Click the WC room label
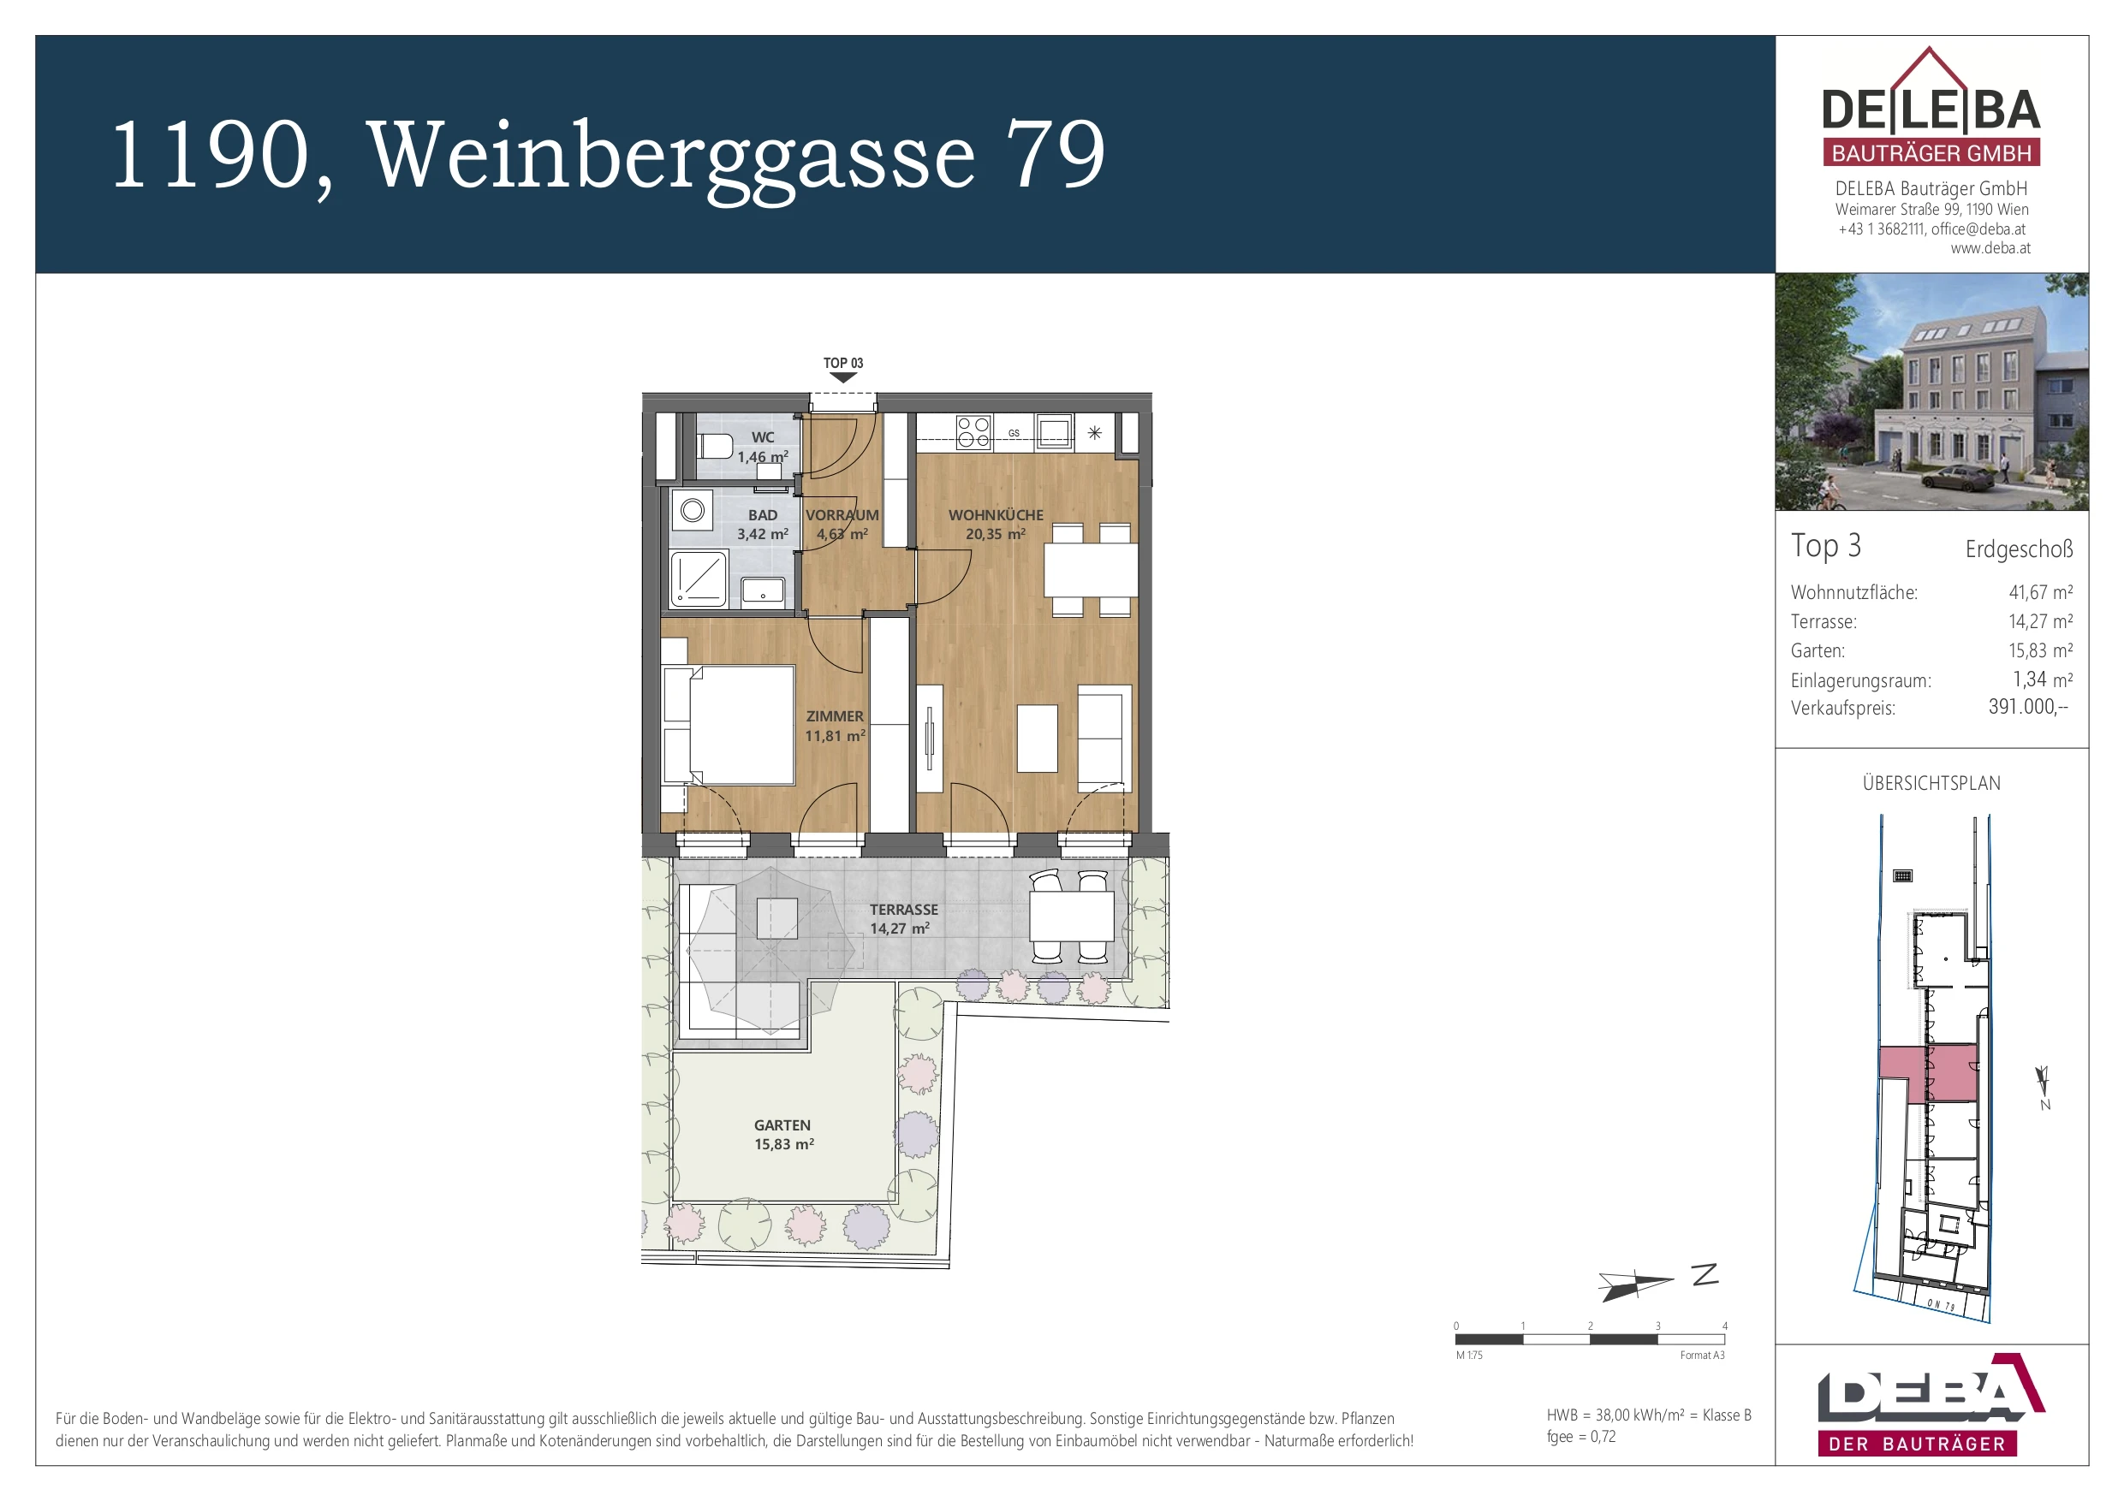(762, 437)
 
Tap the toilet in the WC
(714, 448)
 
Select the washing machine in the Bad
(692, 511)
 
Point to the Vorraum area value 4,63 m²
(842, 534)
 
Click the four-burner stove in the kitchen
(973, 432)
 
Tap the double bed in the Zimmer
(729, 725)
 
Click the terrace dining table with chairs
(1071, 917)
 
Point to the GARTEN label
(782, 1125)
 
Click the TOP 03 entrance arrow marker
(842, 377)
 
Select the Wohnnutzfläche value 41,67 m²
(2041, 592)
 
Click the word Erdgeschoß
(2020, 549)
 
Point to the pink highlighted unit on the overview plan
(1928, 1073)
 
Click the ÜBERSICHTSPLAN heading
(1931, 783)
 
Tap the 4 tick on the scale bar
(1724, 1326)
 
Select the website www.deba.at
(1990, 248)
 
